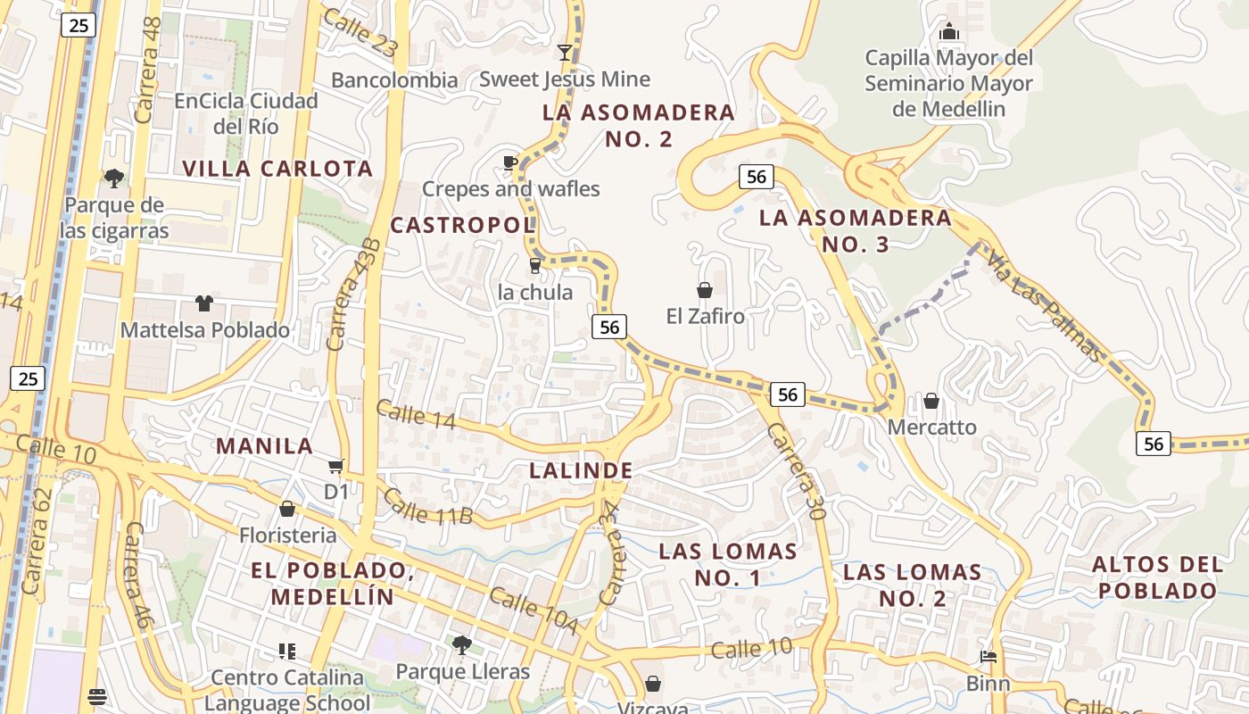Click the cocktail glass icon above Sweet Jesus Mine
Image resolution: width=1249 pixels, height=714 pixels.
pyautogui.click(x=564, y=52)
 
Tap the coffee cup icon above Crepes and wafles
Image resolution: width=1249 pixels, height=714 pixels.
pyautogui.click(x=509, y=162)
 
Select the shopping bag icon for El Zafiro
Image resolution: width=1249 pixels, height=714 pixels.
pyautogui.click(x=705, y=290)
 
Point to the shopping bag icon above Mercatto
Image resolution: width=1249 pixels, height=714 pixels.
pyautogui.click(x=931, y=401)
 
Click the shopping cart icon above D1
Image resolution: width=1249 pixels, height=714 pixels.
pyautogui.click(x=335, y=466)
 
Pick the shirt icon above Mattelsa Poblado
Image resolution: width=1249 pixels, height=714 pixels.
pyautogui.click(x=204, y=303)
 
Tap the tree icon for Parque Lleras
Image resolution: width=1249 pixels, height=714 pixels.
pyautogui.click(x=462, y=644)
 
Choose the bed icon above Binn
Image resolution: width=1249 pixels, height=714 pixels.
pyautogui.click(x=988, y=657)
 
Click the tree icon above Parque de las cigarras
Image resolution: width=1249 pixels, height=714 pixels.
pyautogui.click(x=113, y=178)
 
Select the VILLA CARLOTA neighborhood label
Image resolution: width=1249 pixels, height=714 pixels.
pyautogui.click(x=277, y=169)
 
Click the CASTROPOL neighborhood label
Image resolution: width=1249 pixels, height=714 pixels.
pyautogui.click(x=462, y=225)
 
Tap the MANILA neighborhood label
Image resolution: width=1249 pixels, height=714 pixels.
pyautogui.click(x=265, y=446)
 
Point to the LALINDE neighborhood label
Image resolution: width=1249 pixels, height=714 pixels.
pyautogui.click(x=581, y=470)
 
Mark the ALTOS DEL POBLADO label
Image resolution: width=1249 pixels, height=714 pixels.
pyautogui.click(x=1157, y=577)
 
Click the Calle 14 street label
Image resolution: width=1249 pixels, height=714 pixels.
pyautogui.click(x=416, y=414)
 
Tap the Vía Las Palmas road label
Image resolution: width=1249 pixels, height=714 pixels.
pyautogui.click(x=1045, y=306)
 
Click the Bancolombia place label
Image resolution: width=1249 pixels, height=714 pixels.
pyautogui.click(x=394, y=80)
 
